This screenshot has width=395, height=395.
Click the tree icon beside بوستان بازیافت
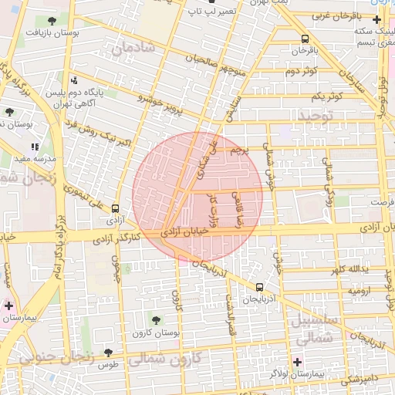[x=52, y=21]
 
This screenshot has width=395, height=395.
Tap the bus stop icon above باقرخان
[x=305, y=38]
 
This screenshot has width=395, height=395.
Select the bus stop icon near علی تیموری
[x=115, y=208]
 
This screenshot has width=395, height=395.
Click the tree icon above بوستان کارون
[x=157, y=319]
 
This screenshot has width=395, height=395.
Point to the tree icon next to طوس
[x=108, y=353]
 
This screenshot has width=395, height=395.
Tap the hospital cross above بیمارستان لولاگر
[x=297, y=361]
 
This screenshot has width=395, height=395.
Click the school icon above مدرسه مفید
[x=35, y=146]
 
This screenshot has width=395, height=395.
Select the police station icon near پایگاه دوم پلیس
[x=74, y=79]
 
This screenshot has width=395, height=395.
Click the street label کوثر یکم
[x=326, y=96]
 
